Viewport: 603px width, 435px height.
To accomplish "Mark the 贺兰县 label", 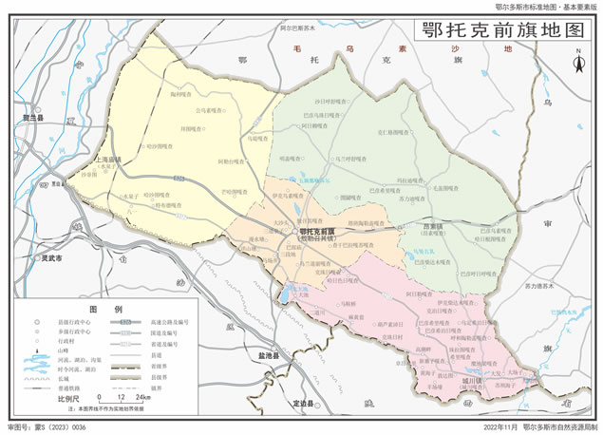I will [x=34, y=117].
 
